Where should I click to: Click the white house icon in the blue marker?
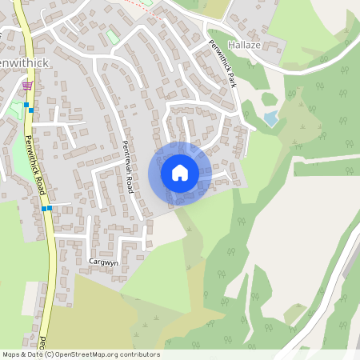coord(180,173)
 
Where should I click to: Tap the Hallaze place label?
coord(245,46)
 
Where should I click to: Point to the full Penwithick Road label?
coord(34,165)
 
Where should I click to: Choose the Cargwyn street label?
coord(103,262)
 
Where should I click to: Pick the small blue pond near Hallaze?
coord(271,118)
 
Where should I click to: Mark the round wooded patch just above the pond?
coord(269,100)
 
